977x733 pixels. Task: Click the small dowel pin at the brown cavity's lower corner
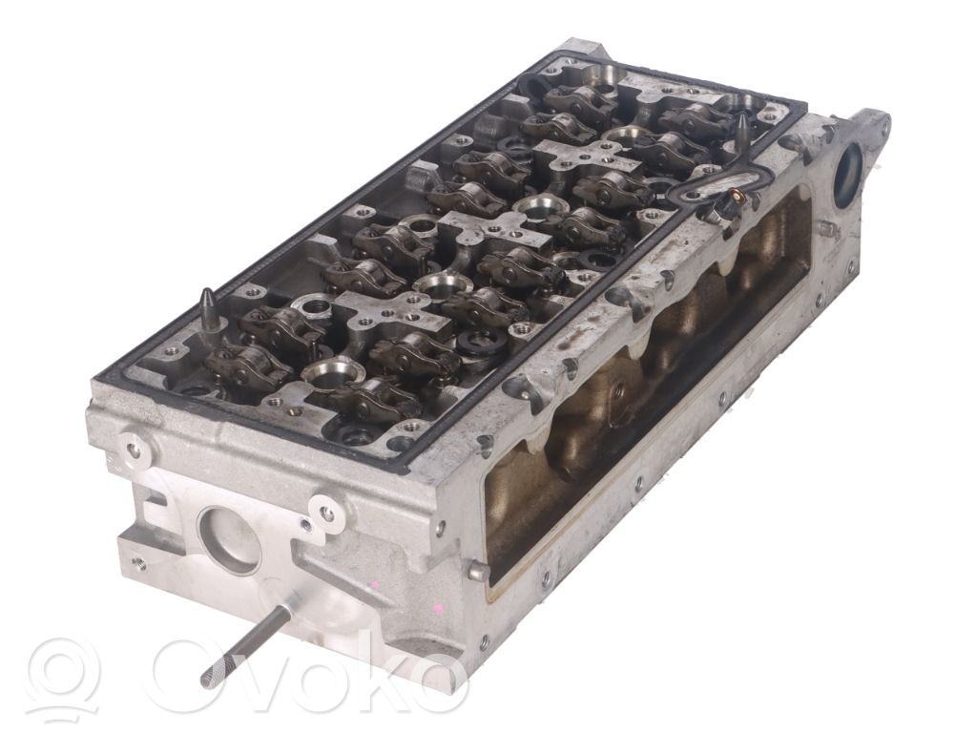coord(478,571)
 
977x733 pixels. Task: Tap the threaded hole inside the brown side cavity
coord(617,388)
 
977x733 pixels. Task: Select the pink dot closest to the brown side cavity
coord(440,606)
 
